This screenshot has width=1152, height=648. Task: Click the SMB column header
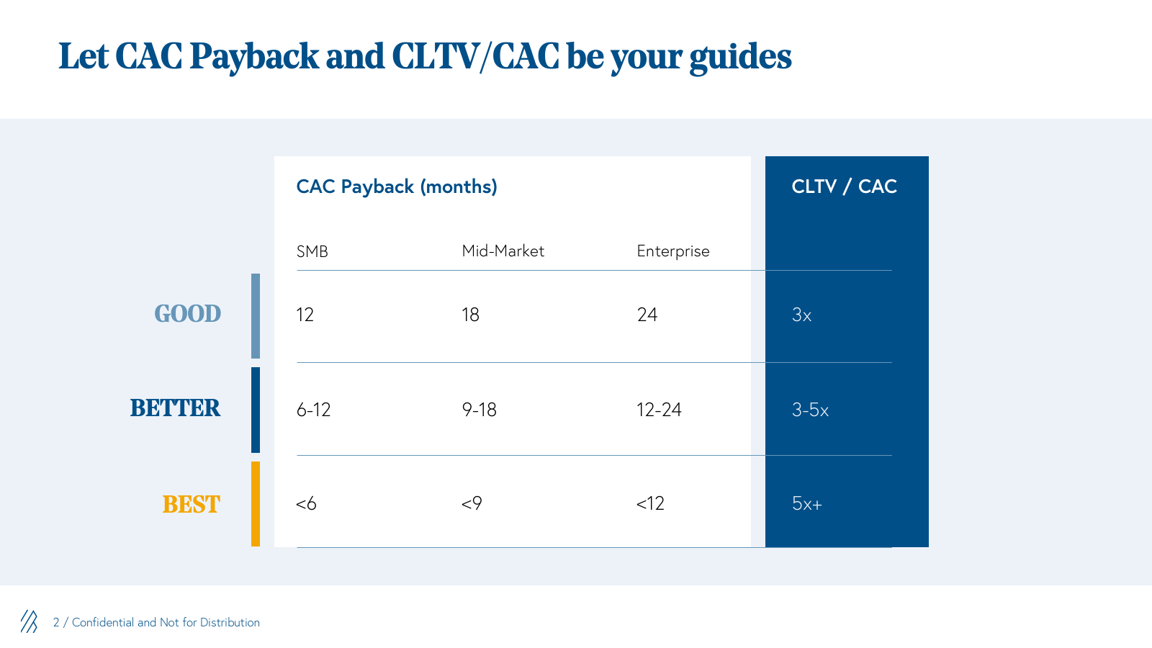point(312,251)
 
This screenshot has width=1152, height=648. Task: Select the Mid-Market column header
point(503,251)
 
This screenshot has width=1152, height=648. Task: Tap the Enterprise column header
point(673,251)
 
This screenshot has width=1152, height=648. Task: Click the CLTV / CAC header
point(844,186)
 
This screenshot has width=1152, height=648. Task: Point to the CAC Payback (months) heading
point(397,186)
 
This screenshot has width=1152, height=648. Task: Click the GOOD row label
point(188,314)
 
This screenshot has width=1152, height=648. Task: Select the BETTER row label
point(175,408)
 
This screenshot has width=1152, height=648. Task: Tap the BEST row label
point(192,505)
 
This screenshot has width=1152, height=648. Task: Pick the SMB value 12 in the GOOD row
point(305,315)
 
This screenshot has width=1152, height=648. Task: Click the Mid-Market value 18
point(471,315)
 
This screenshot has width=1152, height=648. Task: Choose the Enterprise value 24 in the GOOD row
point(647,315)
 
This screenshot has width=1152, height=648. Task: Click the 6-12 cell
point(313,410)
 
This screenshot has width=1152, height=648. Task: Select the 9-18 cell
point(480,410)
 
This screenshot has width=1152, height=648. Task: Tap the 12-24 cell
point(659,410)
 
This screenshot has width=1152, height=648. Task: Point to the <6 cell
point(306,503)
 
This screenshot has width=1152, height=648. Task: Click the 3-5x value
point(810,410)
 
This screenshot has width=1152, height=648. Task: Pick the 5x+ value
point(807,503)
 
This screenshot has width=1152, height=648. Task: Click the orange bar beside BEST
point(256,504)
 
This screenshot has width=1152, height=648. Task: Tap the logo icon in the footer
point(30,622)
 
